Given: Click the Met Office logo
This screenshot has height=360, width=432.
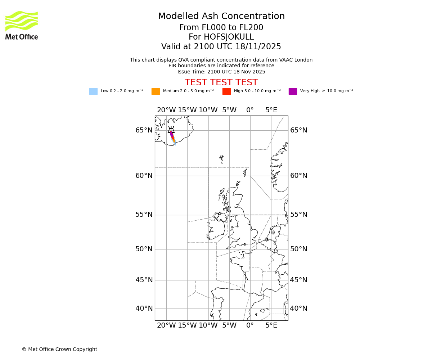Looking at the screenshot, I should (22, 25).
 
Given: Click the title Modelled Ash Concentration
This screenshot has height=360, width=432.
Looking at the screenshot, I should (221, 16).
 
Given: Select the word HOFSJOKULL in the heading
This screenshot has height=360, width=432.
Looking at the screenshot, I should (229, 37).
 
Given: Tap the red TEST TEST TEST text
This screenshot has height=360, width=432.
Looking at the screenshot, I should (221, 82).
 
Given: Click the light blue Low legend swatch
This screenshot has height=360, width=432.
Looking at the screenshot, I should (93, 91).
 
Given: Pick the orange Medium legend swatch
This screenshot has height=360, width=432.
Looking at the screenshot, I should (156, 91).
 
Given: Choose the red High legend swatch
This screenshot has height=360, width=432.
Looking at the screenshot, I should (226, 91).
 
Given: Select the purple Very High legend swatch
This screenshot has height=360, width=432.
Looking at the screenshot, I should (293, 91).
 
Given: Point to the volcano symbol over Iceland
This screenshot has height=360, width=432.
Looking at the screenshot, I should (171, 130).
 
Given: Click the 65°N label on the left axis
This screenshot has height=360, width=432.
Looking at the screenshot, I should (144, 130).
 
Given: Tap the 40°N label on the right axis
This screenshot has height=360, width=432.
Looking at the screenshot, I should (299, 309).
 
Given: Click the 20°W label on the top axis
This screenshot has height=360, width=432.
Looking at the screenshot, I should (166, 110).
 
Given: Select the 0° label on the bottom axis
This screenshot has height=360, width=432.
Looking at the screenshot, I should (250, 325).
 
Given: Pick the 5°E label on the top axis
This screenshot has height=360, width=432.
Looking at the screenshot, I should (271, 110).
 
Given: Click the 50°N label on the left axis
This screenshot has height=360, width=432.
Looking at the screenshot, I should (144, 249).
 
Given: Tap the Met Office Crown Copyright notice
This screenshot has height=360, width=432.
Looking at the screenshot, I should (59, 349).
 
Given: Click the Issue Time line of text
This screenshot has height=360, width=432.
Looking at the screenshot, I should (221, 72).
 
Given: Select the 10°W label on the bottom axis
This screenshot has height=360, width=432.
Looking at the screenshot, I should (208, 325).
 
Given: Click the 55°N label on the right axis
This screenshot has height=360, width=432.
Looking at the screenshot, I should (299, 215).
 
